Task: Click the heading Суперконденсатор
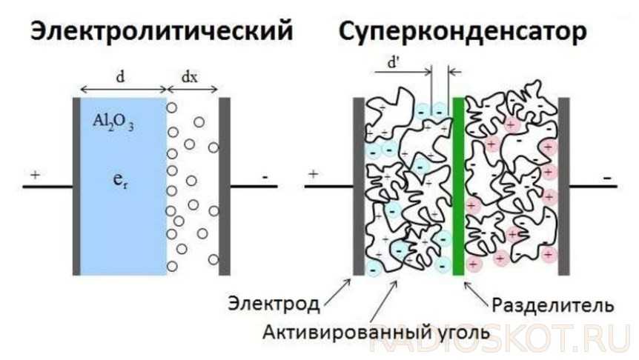click(463, 30)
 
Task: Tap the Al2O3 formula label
click(113, 120)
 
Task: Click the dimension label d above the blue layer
click(121, 77)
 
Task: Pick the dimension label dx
click(190, 77)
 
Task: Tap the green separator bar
click(457, 185)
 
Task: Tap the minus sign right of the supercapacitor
click(607, 178)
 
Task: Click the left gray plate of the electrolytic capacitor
click(76, 185)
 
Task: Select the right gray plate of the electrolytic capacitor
click(225, 185)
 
